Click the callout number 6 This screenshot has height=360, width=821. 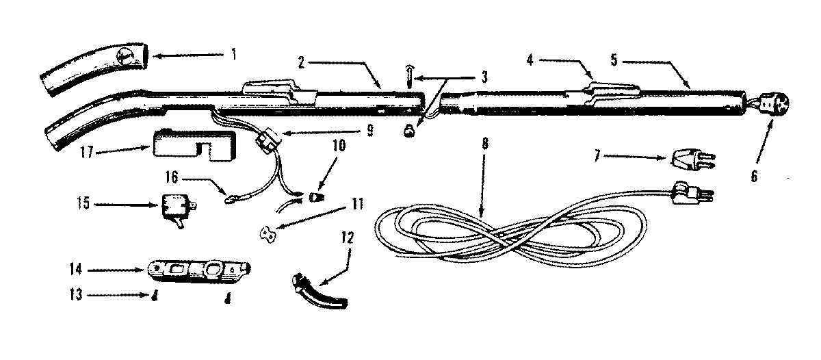pos(754,176)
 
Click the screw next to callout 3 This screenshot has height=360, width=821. pos(409,75)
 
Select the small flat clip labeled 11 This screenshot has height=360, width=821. pos(269,233)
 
